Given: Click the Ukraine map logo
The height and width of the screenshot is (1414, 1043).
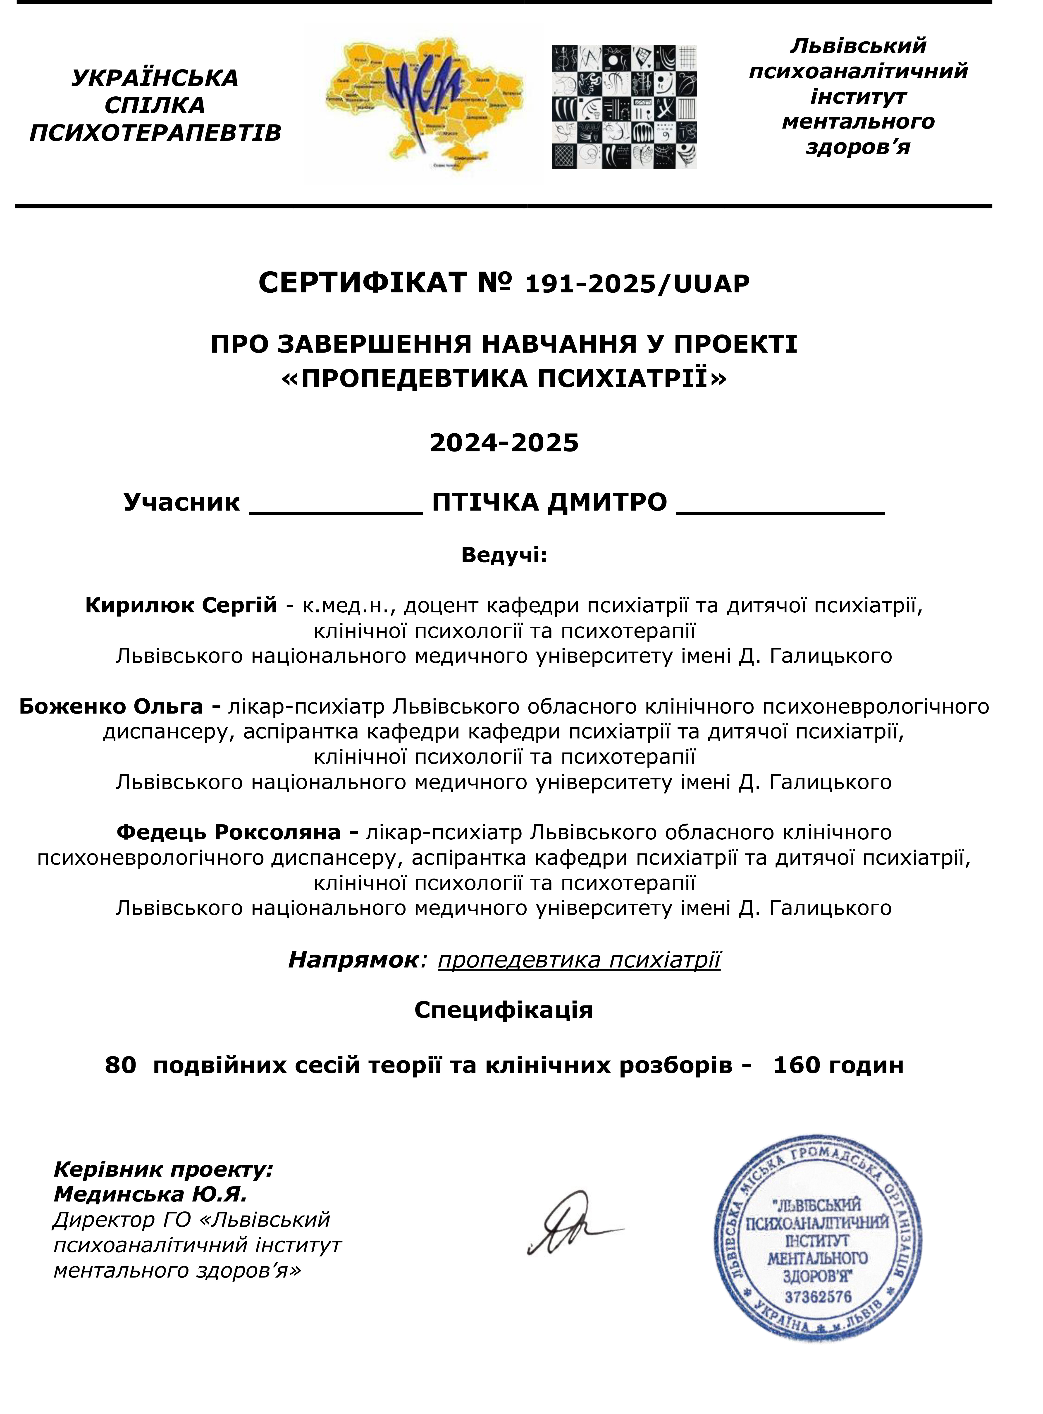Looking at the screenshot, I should coord(423,104).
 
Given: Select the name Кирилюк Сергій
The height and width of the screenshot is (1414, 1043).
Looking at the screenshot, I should coord(181,605).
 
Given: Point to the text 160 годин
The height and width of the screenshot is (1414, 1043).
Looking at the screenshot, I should coord(838,1065).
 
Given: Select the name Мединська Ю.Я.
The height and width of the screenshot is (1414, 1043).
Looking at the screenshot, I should coord(150,1194).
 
